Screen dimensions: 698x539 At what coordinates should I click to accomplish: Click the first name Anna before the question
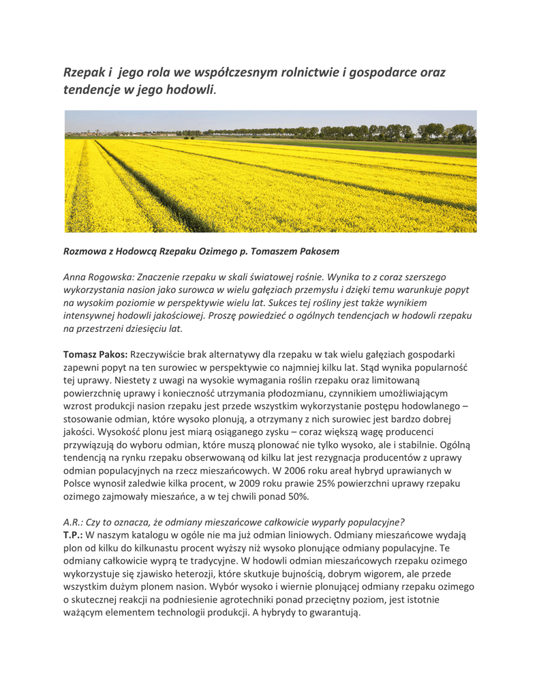point(75,277)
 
